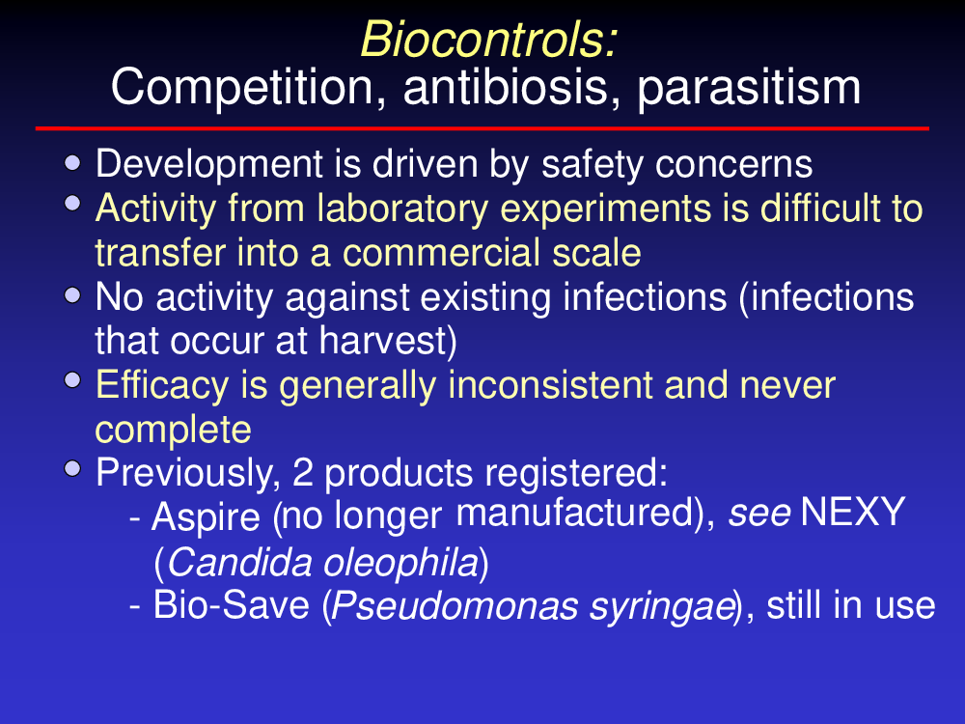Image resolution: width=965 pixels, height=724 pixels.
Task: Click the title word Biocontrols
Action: [x=489, y=40]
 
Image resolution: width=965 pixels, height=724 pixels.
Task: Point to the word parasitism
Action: [x=749, y=89]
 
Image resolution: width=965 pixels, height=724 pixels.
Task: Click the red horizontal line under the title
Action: [x=482, y=128]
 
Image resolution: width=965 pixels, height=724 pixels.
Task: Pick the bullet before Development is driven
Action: [x=72, y=163]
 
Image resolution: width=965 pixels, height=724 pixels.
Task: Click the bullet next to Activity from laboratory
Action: [x=72, y=203]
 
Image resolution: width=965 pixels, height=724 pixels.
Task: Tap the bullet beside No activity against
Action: [x=72, y=295]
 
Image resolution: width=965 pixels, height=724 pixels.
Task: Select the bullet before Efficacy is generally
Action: [x=72, y=380]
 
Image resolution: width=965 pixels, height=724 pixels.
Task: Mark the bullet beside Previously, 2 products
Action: [x=72, y=468]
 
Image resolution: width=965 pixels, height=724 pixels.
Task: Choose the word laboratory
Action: [x=402, y=209]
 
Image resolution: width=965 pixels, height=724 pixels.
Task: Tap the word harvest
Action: [x=388, y=341]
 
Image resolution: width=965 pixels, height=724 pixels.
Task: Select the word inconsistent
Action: [x=550, y=385]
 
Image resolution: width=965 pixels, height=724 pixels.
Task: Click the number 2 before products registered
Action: [x=302, y=473]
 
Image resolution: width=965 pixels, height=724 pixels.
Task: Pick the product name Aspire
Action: [x=206, y=517]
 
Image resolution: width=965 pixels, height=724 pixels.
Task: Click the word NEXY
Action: [x=852, y=513]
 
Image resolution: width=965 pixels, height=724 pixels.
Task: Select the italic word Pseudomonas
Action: [x=455, y=606]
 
